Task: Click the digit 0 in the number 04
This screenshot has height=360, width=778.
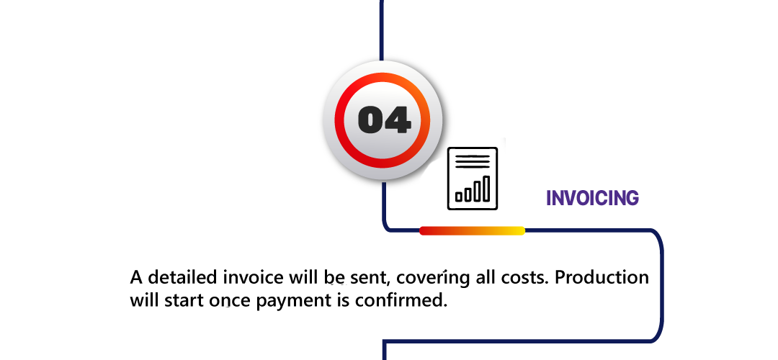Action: pyautogui.click(x=372, y=120)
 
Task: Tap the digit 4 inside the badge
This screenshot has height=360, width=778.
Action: pyautogui.click(x=398, y=120)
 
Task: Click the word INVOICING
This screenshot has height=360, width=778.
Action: pyautogui.click(x=592, y=199)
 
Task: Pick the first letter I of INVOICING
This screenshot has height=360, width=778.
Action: pyautogui.click(x=548, y=199)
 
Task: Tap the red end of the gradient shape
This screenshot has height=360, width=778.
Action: pyautogui.click(x=426, y=230)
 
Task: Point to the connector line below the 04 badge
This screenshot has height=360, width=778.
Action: pyautogui.click(x=385, y=189)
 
